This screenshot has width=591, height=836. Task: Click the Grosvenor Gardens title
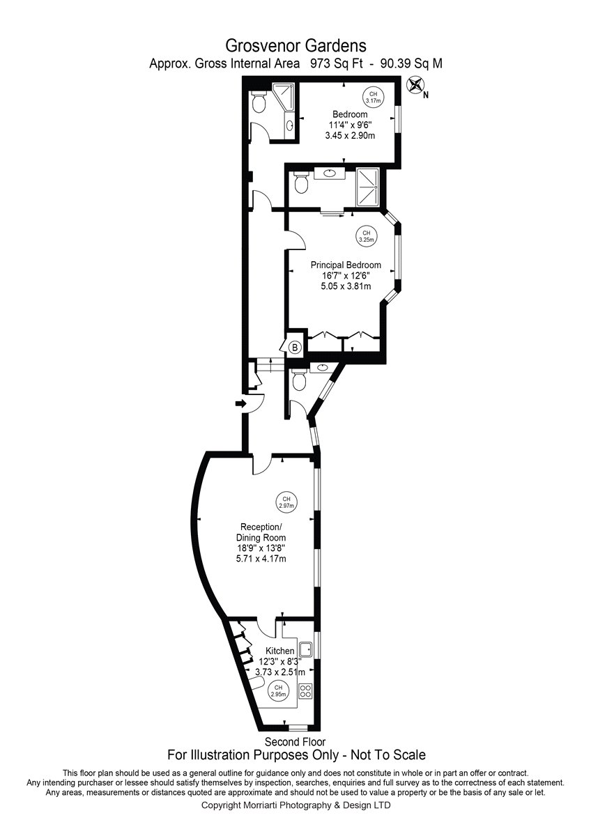[x=295, y=46]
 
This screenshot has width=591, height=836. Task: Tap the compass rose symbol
[x=415, y=85]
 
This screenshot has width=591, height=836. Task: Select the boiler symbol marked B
[x=295, y=348]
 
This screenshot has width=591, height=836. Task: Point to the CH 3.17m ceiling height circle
[x=374, y=98]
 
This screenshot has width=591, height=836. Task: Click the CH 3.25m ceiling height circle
[x=367, y=236]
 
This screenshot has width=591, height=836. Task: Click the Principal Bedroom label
[x=346, y=265]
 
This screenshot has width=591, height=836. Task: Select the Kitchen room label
[x=280, y=651]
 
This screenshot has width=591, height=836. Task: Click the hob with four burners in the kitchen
[x=305, y=690]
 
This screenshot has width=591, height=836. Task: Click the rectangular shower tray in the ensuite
[x=368, y=187]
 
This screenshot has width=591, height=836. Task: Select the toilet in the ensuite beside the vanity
[x=300, y=183]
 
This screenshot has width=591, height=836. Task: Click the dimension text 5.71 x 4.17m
[x=261, y=559]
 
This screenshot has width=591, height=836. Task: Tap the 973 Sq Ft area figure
[x=337, y=64]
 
